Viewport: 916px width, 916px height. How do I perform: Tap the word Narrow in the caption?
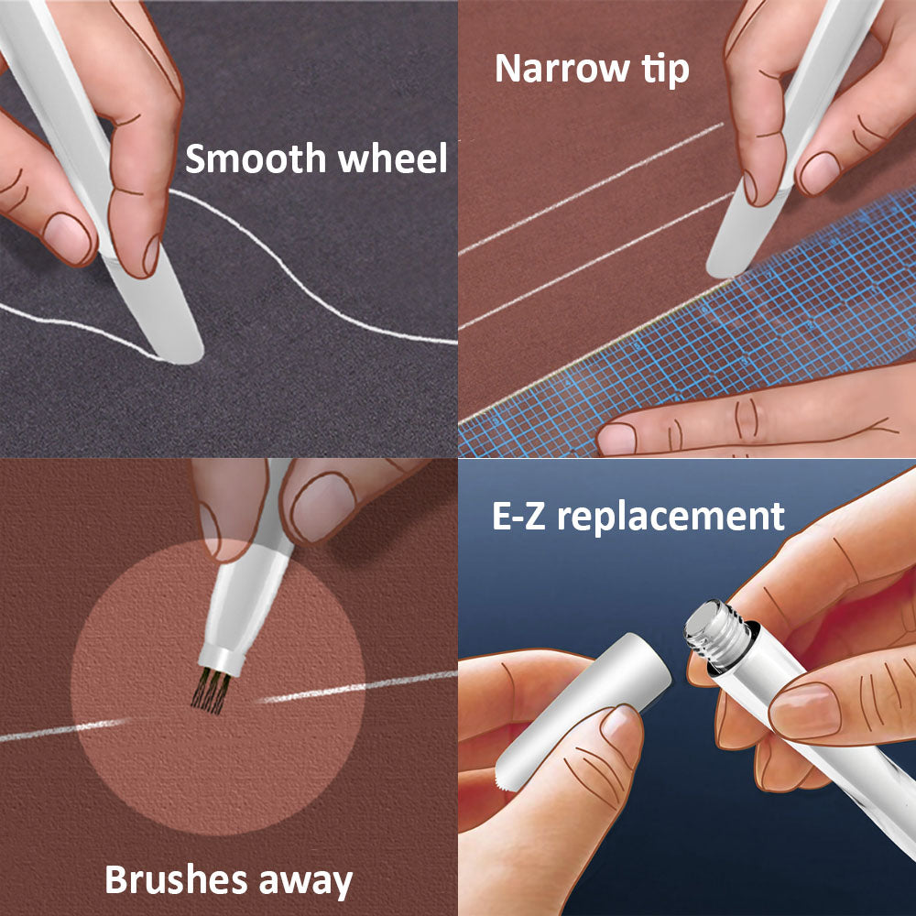562,69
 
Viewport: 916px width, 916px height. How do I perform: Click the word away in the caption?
306,882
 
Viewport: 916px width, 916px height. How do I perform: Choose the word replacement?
671,518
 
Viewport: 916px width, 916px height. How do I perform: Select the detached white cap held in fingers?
584,710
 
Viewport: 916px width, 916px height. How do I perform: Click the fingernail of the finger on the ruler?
616,439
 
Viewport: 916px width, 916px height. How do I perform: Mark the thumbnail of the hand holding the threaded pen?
804,711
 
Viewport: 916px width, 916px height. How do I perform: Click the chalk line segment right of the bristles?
356,687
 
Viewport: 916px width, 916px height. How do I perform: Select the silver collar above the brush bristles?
222,660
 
